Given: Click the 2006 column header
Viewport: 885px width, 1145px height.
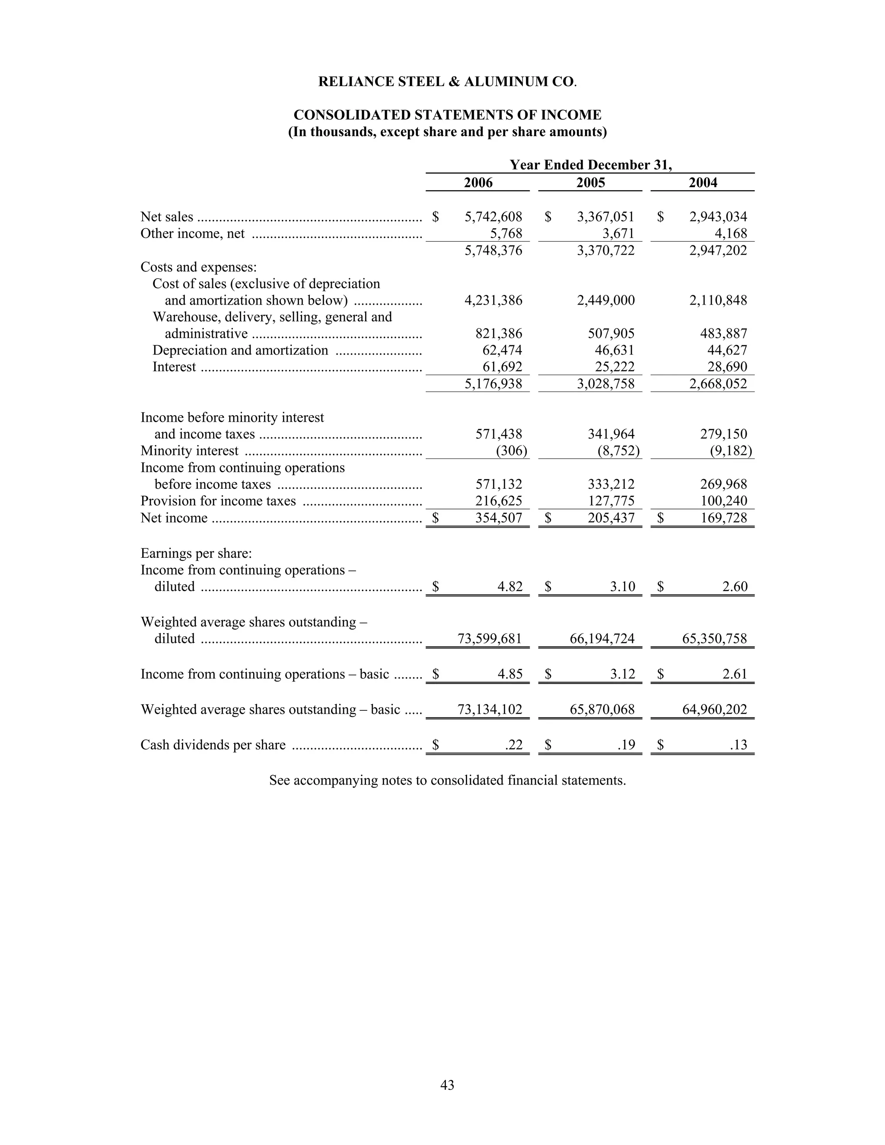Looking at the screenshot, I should pos(478,182).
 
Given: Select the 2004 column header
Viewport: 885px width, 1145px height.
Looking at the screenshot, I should pos(703,182).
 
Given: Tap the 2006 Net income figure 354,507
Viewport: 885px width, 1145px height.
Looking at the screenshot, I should pos(499,518).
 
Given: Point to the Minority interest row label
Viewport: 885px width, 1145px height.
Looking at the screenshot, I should pos(189,451).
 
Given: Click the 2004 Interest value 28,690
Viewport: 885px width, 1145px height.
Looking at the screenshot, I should pos(727,366).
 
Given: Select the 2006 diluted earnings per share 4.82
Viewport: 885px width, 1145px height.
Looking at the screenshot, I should pos(509,586).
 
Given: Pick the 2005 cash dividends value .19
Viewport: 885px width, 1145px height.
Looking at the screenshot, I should pos(626,745).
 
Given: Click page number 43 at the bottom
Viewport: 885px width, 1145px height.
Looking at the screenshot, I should pos(447,1085).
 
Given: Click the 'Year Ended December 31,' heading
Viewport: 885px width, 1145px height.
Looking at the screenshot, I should pos(590,165).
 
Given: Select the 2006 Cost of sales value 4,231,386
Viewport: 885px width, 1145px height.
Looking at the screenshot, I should pos(493,300).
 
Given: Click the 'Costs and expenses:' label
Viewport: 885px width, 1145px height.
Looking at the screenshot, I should pos(198,267).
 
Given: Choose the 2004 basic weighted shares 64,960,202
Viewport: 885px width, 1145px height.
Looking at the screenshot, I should pos(714,709).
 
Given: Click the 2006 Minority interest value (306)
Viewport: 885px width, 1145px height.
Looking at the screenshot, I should pos(511,451).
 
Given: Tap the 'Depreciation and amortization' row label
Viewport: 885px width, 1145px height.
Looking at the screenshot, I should pos(240,350).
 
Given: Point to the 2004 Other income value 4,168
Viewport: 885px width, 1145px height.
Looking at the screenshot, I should pos(731,233).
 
